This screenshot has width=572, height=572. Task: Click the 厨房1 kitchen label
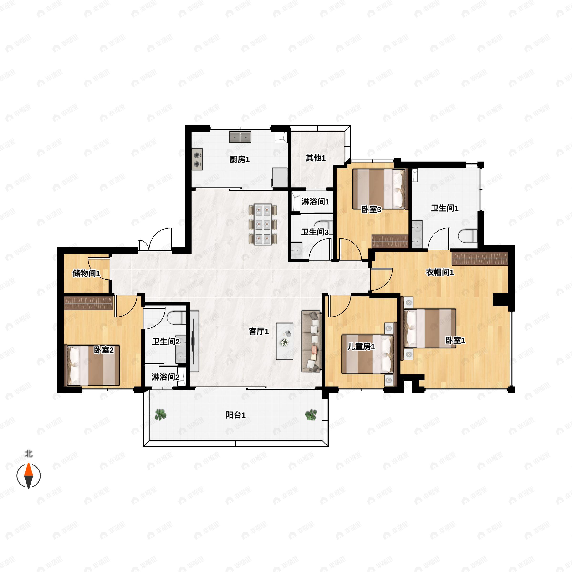click(240, 160)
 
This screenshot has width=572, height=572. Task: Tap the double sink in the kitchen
click(240, 137)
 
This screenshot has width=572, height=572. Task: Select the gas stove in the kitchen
click(197, 159)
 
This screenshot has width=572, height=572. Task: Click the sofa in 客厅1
click(312, 341)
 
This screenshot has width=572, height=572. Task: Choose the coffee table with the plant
click(285, 341)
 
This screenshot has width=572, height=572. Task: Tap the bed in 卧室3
click(379, 189)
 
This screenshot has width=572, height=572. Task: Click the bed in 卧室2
click(92, 365)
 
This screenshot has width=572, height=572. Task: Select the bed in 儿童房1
click(368, 354)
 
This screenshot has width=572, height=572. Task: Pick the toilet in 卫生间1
click(468, 236)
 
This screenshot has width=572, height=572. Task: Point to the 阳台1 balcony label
click(236, 415)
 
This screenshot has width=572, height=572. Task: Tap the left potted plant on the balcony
click(160, 414)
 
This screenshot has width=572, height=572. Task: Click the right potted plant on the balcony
click(311, 415)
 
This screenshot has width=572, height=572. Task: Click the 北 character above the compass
click(29, 454)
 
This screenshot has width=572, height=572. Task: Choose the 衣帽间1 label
click(440, 272)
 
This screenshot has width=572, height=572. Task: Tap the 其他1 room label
click(316, 158)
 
